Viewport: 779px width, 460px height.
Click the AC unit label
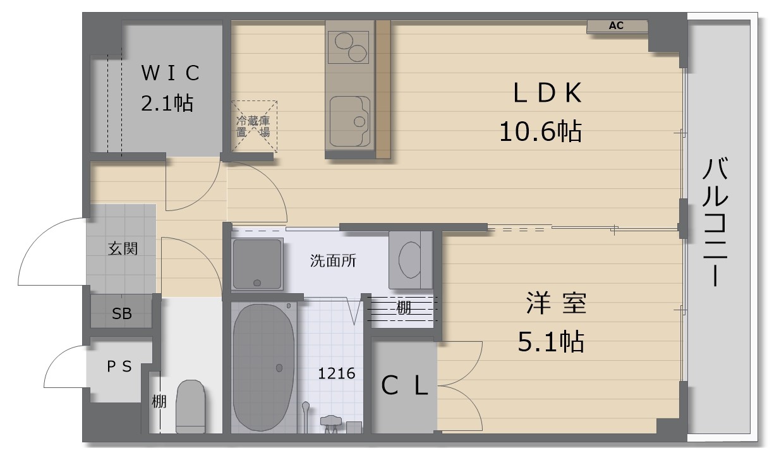616,26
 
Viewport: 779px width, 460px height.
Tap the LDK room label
547,94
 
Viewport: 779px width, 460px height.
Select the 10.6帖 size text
540,132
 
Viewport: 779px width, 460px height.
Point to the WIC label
170,73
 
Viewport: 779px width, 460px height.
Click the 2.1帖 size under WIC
167,103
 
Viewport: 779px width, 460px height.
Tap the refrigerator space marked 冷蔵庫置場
253,126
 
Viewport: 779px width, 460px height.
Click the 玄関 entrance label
122,249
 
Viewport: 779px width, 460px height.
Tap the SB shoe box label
122,313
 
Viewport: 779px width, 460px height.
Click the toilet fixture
190,406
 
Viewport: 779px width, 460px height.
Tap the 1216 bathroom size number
336,373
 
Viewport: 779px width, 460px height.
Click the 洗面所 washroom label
333,261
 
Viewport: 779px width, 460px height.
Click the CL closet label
405,386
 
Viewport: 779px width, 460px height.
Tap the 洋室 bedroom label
556,304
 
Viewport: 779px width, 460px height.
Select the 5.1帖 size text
551,342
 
